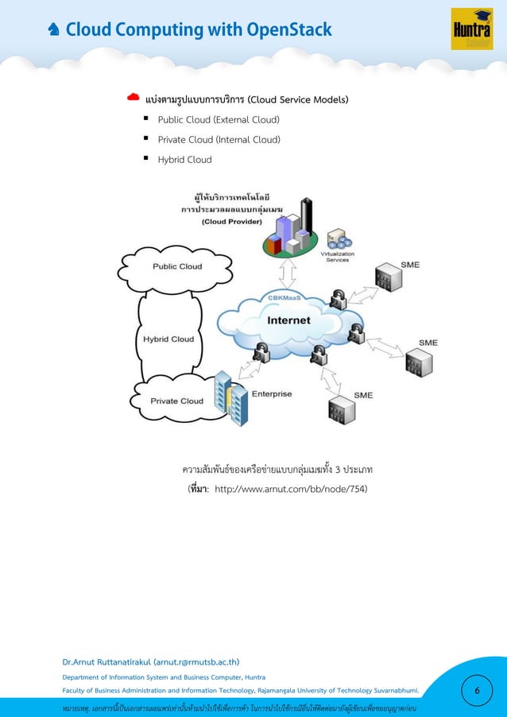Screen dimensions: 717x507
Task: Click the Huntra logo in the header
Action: point(471,29)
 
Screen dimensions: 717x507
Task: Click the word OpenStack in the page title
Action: point(289,31)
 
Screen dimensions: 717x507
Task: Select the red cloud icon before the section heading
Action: point(134,99)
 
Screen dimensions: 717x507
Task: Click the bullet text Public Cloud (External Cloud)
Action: point(219,120)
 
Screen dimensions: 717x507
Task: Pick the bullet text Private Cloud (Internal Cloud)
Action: point(219,140)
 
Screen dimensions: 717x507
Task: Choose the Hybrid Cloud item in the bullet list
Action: point(184,160)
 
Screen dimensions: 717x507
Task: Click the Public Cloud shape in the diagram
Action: point(176,266)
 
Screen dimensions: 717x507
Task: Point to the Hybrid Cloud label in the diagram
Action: point(168,339)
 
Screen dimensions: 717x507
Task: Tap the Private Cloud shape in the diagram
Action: point(176,401)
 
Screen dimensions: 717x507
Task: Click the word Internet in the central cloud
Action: point(288,321)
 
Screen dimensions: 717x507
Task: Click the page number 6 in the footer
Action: point(476,691)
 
